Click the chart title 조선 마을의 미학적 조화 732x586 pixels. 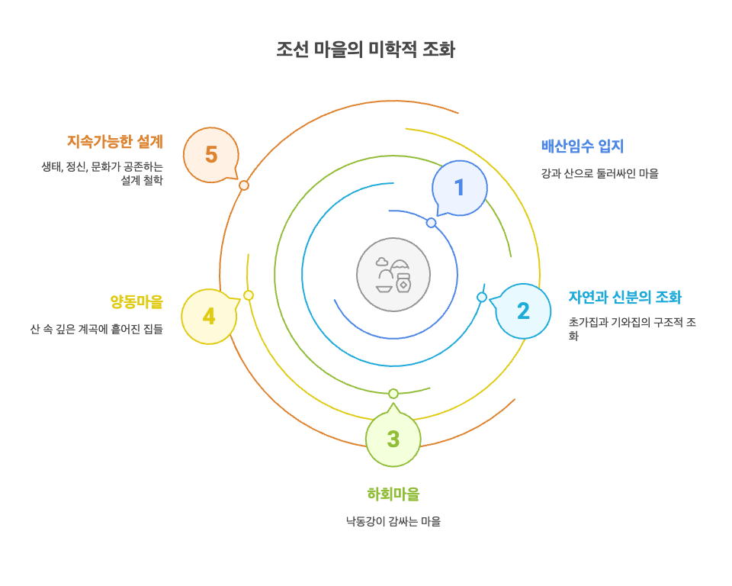(x=365, y=50)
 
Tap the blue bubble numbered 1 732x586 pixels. (x=460, y=188)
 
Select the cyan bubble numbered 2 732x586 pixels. (x=523, y=311)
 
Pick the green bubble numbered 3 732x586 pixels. (x=393, y=439)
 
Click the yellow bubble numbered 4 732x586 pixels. (x=208, y=316)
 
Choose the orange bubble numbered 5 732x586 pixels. (x=211, y=155)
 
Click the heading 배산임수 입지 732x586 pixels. (x=583, y=146)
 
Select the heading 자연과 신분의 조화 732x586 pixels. (x=624, y=297)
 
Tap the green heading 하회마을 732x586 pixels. (x=393, y=494)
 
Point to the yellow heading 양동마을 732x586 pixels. (x=136, y=301)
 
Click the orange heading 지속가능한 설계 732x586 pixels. (x=115, y=141)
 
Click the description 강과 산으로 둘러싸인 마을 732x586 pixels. (x=599, y=173)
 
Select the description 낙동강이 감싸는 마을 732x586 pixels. (x=393, y=522)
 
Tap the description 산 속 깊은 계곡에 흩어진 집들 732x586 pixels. (x=97, y=330)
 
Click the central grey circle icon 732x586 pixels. (x=393, y=275)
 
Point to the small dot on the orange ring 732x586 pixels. (x=244, y=185)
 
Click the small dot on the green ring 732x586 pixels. (x=393, y=394)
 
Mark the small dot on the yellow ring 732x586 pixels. (x=249, y=295)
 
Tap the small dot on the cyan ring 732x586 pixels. (x=482, y=297)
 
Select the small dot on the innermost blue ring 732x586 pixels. (x=431, y=223)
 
